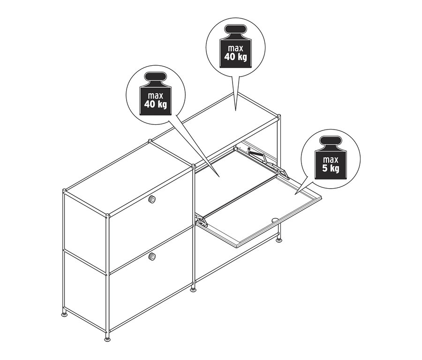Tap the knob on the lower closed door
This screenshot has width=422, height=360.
coord(152,256)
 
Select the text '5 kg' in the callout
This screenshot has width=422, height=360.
coord(330,169)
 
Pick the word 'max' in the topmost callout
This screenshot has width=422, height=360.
coord(235,48)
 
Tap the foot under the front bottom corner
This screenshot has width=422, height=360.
coord(108,337)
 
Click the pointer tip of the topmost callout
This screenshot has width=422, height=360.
coord(235,109)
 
